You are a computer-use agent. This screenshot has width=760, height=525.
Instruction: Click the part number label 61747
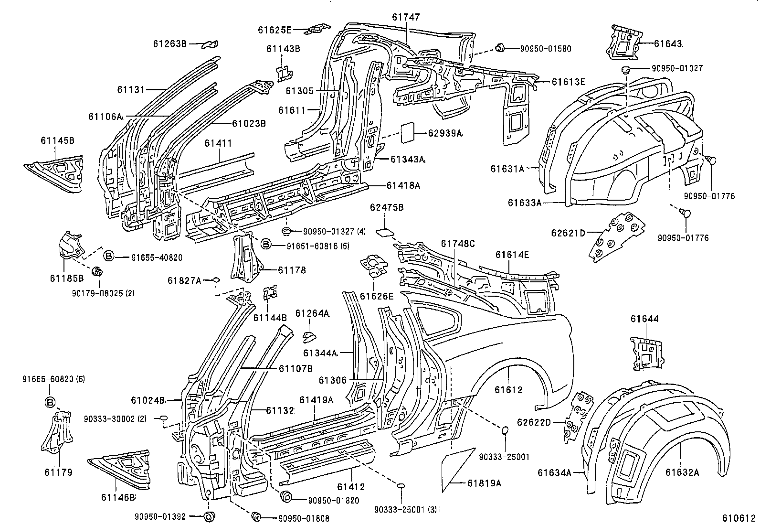click(406, 17)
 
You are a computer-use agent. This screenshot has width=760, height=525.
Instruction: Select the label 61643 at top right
click(667, 43)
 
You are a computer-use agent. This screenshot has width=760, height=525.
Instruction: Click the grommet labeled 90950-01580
click(500, 48)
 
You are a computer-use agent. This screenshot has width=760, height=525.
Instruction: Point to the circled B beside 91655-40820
click(108, 257)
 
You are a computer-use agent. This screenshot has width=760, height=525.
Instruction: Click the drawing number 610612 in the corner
click(739, 518)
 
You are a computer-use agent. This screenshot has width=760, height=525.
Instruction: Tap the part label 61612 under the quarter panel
click(508, 390)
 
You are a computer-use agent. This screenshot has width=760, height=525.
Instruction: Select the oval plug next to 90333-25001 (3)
click(401, 486)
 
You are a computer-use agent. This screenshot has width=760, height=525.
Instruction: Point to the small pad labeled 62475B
click(385, 232)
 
